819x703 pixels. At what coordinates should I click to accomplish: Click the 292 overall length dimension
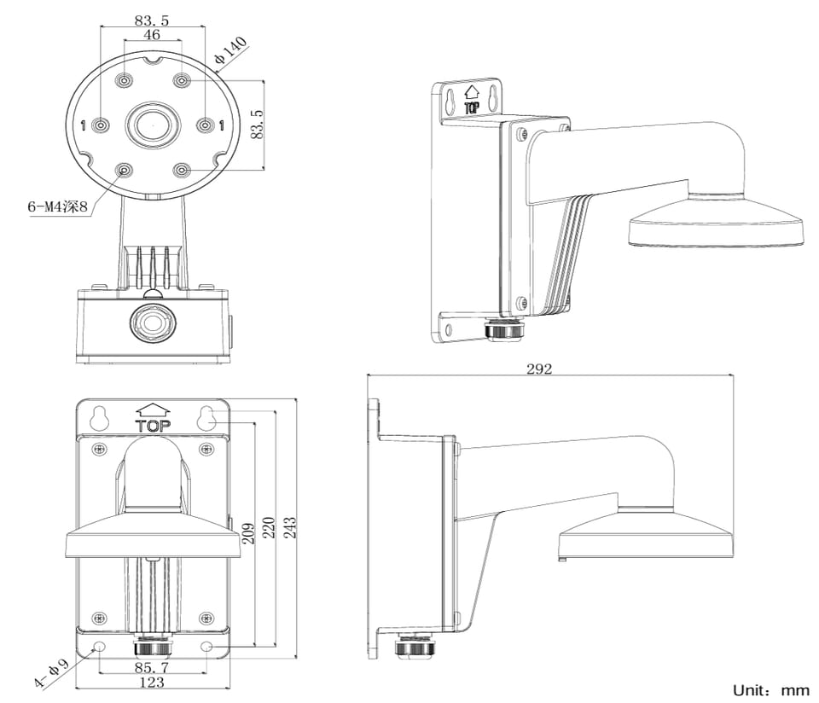pyautogui.click(x=538, y=369)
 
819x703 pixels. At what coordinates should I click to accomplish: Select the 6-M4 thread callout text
pyautogui.click(x=58, y=206)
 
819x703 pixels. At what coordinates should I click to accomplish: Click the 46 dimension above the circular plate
pyautogui.click(x=152, y=35)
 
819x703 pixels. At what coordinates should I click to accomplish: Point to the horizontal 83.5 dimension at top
pyautogui.click(x=151, y=18)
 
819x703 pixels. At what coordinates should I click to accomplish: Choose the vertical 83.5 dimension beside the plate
pyautogui.click(x=257, y=125)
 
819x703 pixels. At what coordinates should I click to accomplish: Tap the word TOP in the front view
pyautogui.click(x=153, y=425)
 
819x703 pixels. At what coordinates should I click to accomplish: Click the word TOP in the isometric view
pyautogui.click(x=470, y=108)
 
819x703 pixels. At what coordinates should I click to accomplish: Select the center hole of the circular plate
pyautogui.click(x=152, y=125)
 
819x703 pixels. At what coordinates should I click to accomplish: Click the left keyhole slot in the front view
pyautogui.click(x=100, y=417)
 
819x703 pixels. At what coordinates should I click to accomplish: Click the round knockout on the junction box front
pyautogui.click(x=151, y=322)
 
